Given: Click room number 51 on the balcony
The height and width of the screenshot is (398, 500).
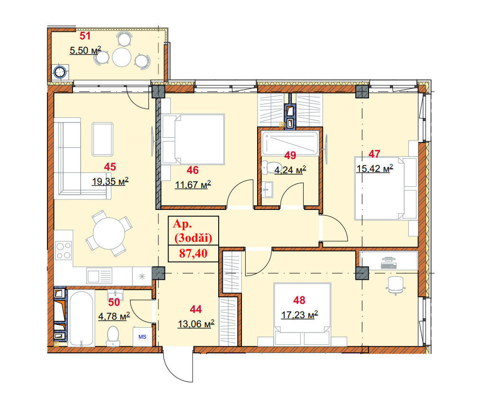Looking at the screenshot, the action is pos(85,36).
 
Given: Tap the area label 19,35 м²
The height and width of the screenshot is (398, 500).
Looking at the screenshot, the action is pos(111,181).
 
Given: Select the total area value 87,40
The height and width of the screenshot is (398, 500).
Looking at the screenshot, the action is pos(193,254).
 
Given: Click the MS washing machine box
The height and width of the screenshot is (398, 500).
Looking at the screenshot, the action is pos(142,336).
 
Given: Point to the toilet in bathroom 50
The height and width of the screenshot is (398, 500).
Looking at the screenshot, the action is pos(113,336).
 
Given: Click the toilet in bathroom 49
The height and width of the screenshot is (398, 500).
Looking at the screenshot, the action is pos(269,168).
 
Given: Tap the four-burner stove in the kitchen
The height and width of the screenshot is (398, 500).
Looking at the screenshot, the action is pos(63,251).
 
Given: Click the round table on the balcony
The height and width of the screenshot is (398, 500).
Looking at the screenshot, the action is pos(122,57).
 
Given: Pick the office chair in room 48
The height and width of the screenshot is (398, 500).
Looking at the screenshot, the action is pos(396,285).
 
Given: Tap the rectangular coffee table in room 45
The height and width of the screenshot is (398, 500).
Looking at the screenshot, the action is pos(102,139).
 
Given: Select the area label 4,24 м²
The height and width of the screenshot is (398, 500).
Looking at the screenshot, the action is pos(290,170).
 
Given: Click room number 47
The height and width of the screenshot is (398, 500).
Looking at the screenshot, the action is pos(374,154).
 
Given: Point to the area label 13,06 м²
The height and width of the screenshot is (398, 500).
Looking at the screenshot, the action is pos(196,324).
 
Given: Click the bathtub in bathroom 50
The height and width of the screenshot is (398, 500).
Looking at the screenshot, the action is pos(81,318).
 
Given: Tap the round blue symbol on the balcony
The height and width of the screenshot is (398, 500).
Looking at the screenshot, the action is pos(60,73).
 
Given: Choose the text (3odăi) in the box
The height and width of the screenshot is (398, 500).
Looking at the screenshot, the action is pos(193,238).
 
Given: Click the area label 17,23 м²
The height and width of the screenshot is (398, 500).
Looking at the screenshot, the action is pos(299,315).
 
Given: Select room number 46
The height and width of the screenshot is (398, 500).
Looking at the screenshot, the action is pos(193,170).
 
